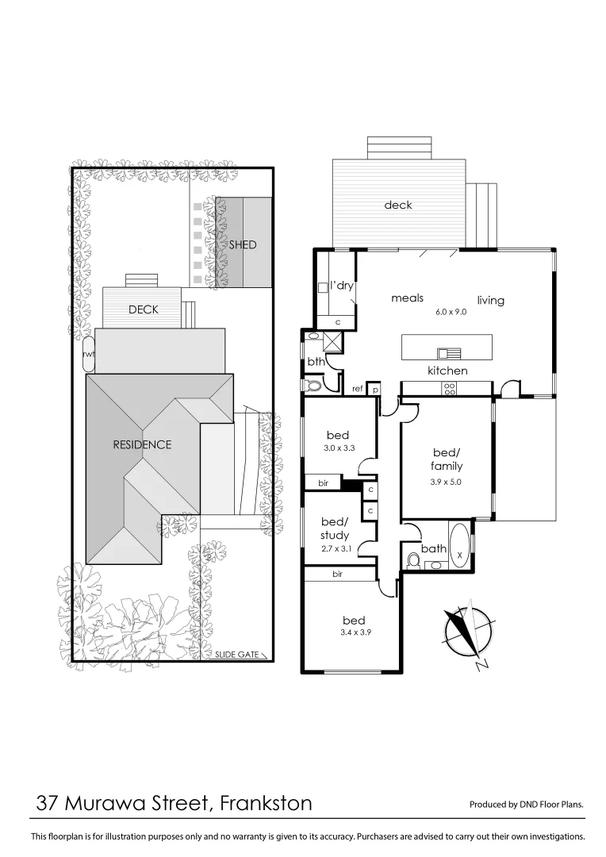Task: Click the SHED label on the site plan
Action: point(243,244)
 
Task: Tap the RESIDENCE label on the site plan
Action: point(142,444)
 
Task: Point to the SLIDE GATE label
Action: point(237,655)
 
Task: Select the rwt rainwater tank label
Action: point(89,355)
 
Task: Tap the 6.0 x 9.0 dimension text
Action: point(451,312)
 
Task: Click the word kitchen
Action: point(447,371)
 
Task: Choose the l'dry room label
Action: point(341,286)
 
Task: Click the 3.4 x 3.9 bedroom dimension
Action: point(353,632)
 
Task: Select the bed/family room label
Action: point(447,459)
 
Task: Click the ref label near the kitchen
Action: point(358,389)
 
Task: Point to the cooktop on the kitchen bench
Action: point(448,388)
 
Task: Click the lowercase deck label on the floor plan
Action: point(398,205)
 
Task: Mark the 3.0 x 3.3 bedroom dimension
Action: point(338,448)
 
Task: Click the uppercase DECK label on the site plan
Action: point(144,309)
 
